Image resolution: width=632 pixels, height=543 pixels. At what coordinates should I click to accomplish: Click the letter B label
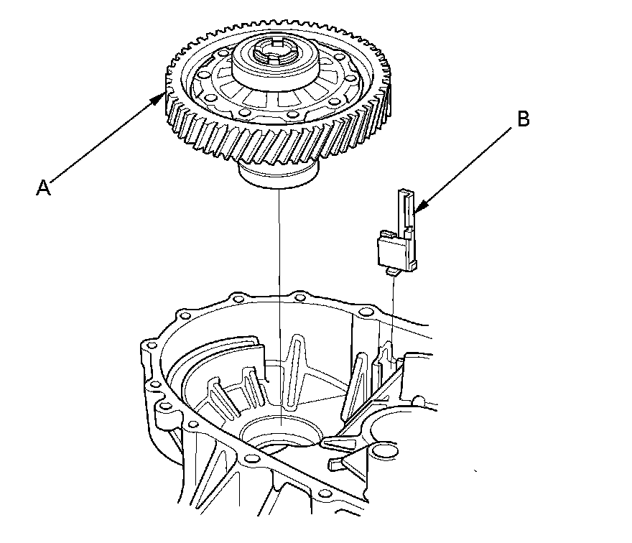[x=523, y=119]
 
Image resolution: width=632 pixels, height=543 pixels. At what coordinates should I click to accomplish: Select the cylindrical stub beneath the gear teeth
[x=277, y=175]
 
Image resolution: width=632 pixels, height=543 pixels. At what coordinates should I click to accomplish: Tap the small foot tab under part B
[x=393, y=271]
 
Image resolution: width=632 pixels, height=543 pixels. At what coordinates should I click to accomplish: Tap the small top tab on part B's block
[x=386, y=234]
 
